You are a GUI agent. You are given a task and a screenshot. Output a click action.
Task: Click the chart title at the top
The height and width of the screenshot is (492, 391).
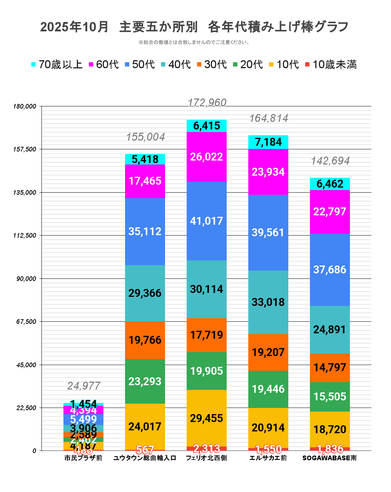195,27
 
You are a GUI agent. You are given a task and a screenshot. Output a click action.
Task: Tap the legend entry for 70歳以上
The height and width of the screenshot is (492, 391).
57,65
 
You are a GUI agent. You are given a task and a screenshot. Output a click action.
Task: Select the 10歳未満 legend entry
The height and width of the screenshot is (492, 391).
331,65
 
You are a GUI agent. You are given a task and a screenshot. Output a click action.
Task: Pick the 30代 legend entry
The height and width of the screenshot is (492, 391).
212,65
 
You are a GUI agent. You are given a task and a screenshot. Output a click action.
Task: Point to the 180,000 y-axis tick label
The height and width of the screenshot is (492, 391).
25,106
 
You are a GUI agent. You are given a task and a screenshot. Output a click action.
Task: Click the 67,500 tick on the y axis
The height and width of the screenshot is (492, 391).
27,322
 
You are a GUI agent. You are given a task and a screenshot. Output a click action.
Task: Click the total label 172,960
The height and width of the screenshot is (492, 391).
207,103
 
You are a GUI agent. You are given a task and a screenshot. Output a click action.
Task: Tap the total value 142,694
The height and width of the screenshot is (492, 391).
330,161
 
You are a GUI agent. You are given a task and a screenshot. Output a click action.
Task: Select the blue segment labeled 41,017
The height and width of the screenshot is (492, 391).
206,221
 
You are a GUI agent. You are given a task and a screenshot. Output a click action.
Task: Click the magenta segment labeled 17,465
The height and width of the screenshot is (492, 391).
145,181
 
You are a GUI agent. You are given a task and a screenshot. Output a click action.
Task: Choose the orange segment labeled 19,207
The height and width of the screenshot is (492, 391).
268,352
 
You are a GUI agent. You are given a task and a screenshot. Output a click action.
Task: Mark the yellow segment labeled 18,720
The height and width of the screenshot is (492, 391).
330,429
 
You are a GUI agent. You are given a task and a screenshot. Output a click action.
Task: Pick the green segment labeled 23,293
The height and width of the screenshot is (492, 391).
145,381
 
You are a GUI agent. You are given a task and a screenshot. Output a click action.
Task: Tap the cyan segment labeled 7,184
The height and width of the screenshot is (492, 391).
268,142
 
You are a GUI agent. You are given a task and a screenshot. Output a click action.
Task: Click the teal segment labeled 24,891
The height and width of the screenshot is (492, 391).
330,329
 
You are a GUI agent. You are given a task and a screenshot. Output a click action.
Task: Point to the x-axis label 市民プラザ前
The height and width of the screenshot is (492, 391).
83,458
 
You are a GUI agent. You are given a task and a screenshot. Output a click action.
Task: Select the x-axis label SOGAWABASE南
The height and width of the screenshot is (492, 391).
329,458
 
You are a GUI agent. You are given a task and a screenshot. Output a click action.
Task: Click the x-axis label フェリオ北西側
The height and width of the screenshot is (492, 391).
206,458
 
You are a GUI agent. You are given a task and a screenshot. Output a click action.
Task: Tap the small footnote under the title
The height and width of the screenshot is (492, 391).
195,43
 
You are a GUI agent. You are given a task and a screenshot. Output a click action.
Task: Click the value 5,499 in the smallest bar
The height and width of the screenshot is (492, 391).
83,419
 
